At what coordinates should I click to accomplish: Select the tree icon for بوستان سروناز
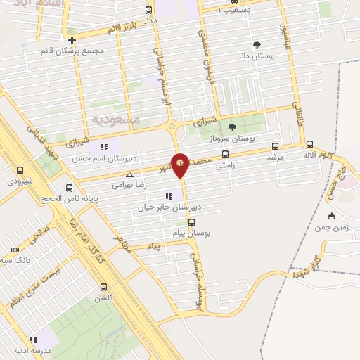tap(232, 127)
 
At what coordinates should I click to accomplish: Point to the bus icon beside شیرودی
tap(20, 170)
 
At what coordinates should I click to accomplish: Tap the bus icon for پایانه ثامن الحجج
tap(69, 188)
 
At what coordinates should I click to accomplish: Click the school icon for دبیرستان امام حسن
tap(104, 147)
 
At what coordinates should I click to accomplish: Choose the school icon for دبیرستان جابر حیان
tap(168, 196)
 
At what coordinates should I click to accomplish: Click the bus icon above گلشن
tap(104, 287)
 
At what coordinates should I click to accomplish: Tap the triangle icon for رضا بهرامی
tap(129, 174)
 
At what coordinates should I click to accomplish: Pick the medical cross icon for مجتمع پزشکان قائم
tap(72, 40)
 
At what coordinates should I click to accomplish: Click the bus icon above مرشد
tap(274, 146)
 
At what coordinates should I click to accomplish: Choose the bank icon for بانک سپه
tap(15, 250)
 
